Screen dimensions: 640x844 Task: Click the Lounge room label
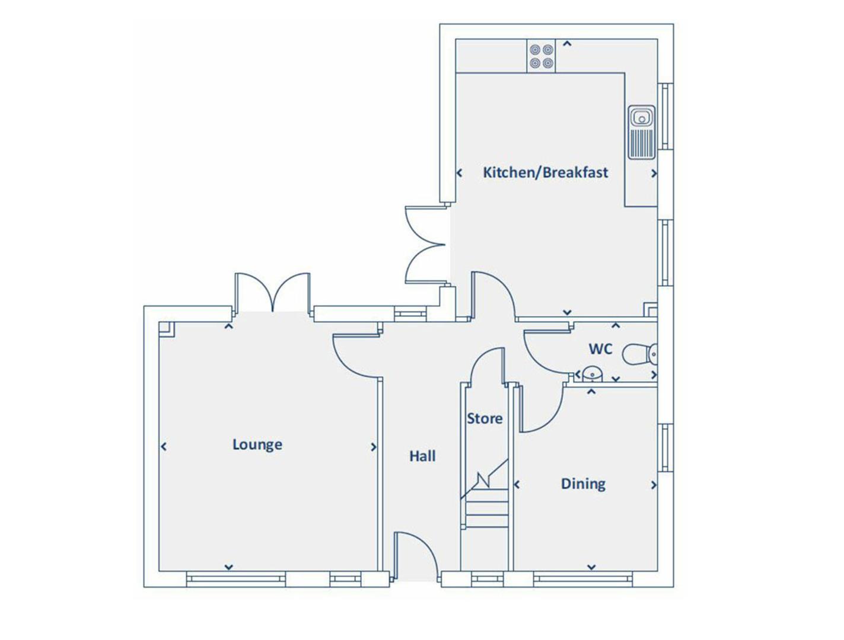pos(257,444)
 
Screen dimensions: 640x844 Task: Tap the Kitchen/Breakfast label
pos(545,172)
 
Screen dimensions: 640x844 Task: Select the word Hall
pos(422,456)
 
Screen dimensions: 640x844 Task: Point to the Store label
pos(484,418)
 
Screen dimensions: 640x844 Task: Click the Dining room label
pos(583,484)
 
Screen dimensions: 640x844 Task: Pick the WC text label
pos(600,348)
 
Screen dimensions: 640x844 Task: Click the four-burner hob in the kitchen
pos(542,56)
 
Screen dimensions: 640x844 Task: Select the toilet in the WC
pos(639,354)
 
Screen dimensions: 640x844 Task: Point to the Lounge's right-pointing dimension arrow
pos(374,447)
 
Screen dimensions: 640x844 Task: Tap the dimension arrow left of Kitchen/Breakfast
pos(459,173)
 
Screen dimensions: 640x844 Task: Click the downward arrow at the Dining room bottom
pos(591,567)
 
